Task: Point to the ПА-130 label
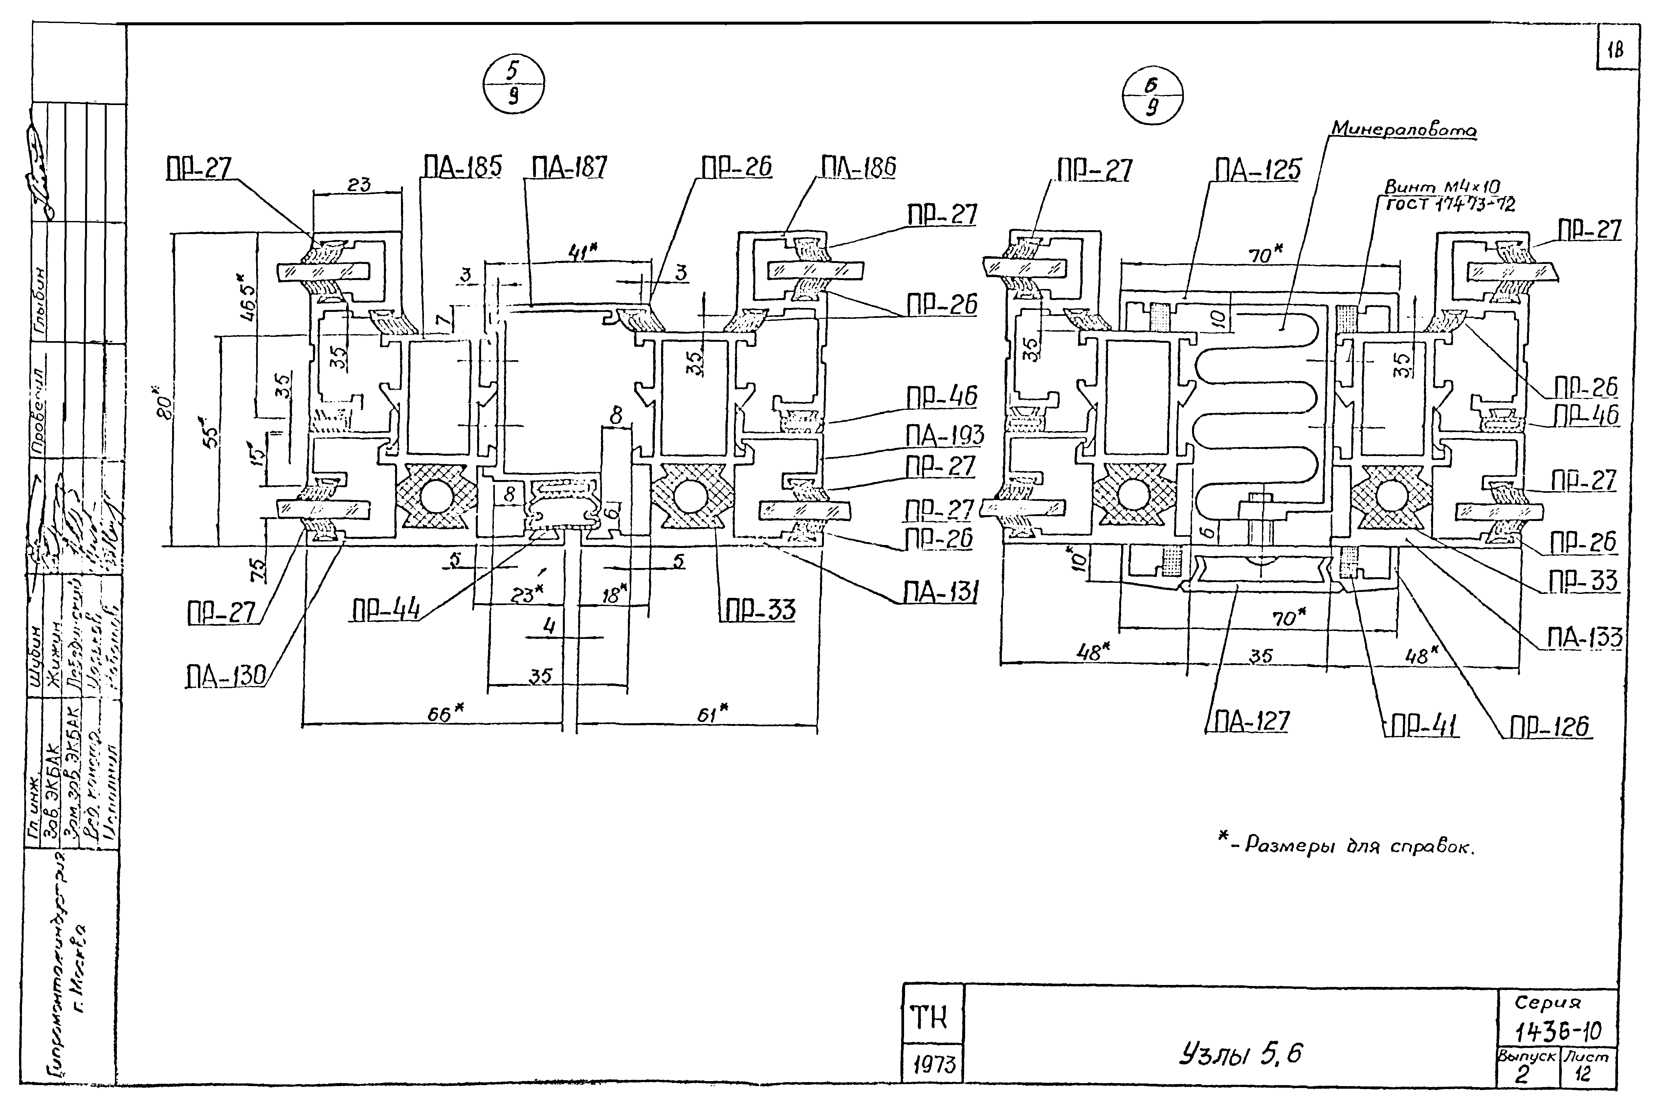[225, 676]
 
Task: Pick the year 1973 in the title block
[933, 1065]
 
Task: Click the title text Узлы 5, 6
[1240, 1054]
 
